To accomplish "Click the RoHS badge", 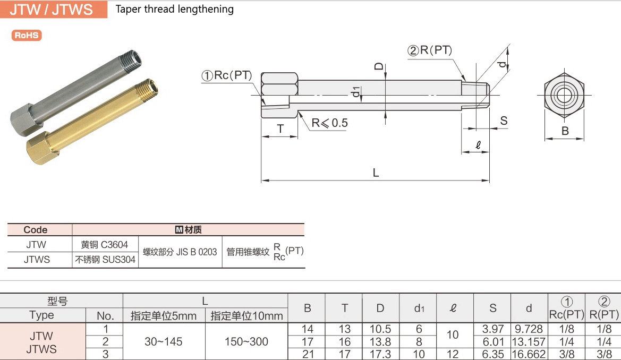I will [27, 36].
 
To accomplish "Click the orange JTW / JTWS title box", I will [53, 9].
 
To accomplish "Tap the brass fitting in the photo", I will [90, 122].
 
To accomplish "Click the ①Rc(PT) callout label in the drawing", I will [227, 75].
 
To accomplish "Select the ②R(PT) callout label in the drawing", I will [429, 50].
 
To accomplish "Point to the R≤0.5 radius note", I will [329, 123].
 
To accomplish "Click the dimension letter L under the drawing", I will [376, 173].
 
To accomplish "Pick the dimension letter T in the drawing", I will [279, 129].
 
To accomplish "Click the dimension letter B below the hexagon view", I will [565, 131].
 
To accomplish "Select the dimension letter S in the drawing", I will [504, 121].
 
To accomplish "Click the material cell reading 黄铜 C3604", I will [105, 245].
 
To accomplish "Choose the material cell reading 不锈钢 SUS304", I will [105, 260].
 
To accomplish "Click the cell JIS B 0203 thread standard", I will [180, 252].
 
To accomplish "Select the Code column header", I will [36, 230].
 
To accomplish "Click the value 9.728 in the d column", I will [529, 329].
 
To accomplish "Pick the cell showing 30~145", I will [164, 341].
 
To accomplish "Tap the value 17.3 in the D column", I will [380, 354].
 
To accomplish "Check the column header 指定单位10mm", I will [246, 316].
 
